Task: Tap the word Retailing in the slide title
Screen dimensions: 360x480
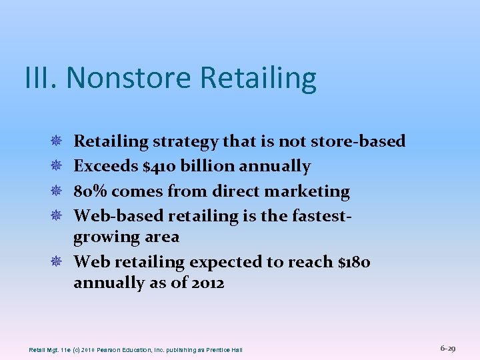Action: [258, 78]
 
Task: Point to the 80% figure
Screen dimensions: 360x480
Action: [90, 191]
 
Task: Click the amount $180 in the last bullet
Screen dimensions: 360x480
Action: [354, 262]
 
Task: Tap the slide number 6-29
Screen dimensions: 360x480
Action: [448, 348]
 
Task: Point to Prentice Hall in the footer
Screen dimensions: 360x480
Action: [225, 350]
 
